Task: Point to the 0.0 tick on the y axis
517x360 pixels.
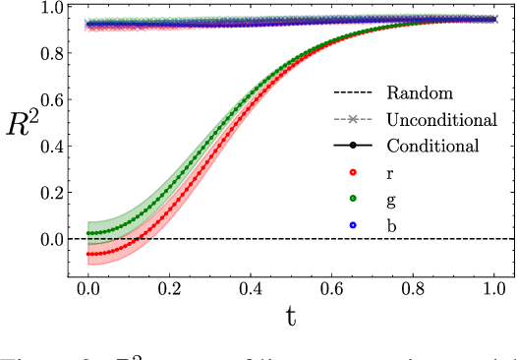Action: point(47,239)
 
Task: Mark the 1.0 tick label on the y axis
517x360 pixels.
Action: point(47,8)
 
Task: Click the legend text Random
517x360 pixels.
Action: point(420,94)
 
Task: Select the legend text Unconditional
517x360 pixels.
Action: point(441,120)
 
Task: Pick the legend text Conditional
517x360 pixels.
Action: point(432,146)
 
